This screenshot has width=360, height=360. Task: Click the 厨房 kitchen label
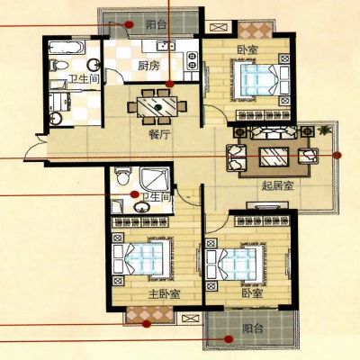[x=148, y=66]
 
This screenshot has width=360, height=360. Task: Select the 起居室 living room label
[x=277, y=186]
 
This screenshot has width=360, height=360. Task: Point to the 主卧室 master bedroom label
[x=164, y=294]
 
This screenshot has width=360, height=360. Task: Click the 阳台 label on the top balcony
[x=156, y=24]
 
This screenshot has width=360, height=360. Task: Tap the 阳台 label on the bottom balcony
[x=253, y=328]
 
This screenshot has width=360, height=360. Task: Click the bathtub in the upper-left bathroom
[x=67, y=49]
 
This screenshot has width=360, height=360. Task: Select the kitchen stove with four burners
[x=192, y=60]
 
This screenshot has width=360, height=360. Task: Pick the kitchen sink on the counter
[x=166, y=46]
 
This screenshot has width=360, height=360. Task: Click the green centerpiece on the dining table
[x=157, y=107]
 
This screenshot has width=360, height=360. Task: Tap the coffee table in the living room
[x=274, y=157]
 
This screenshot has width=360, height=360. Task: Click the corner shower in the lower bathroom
[x=155, y=180]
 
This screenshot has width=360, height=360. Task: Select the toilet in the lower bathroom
[x=123, y=176]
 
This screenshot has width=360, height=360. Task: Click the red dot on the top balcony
[x=129, y=24]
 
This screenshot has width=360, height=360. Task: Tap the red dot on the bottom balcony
[x=229, y=339]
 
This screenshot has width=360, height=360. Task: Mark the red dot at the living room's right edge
[x=337, y=155]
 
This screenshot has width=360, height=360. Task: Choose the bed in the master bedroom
[x=142, y=258]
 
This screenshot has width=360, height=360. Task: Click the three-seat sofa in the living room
[x=273, y=132]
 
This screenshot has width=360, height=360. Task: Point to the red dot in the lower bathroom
[x=134, y=194]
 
